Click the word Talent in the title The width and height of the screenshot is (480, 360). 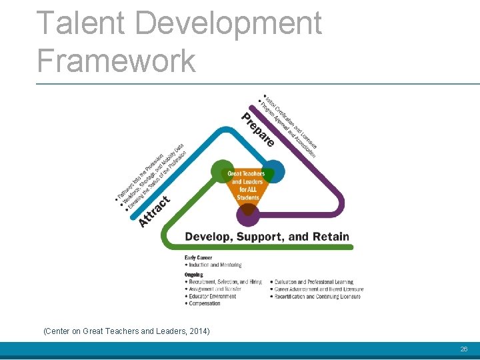coord(79,23)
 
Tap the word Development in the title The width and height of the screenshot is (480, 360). coord(227,23)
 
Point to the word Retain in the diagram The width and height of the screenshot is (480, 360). coord(331,236)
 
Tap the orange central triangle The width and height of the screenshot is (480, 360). coord(247,186)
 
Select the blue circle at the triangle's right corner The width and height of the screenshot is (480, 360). coord(273,171)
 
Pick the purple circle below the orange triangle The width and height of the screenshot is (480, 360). coord(248,214)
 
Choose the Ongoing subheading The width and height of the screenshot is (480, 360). coord(194,275)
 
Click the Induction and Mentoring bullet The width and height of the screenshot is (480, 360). coord(215,265)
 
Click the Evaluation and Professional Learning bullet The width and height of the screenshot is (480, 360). coord(313,282)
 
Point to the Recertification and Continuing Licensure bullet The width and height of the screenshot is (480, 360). coord(317,296)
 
